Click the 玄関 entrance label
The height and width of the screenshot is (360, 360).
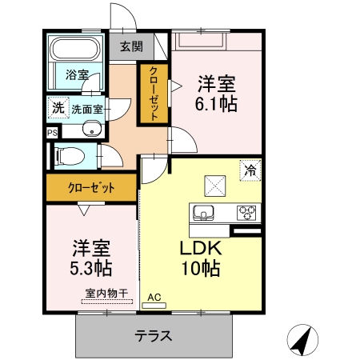pyautogui.click(x=131, y=46)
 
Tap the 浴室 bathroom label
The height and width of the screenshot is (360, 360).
pyautogui.click(x=77, y=75)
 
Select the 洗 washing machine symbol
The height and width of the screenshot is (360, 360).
pyautogui.click(x=58, y=107)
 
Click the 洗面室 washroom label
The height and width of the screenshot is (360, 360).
pyautogui.click(x=86, y=108)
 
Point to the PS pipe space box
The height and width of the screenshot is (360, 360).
pyautogui.click(x=52, y=133)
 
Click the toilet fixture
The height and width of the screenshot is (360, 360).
pyautogui.click(x=70, y=155)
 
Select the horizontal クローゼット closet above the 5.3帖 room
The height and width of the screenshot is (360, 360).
pyautogui.click(x=90, y=189)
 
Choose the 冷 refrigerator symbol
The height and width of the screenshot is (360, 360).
pyautogui.click(x=250, y=170)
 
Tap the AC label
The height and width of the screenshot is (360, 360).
pyautogui.click(x=154, y=298)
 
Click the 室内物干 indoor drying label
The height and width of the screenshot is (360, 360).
pyautogui.click(x=106, y=294)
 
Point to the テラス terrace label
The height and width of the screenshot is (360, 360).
pyautogui.click(x=153, y=335)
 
